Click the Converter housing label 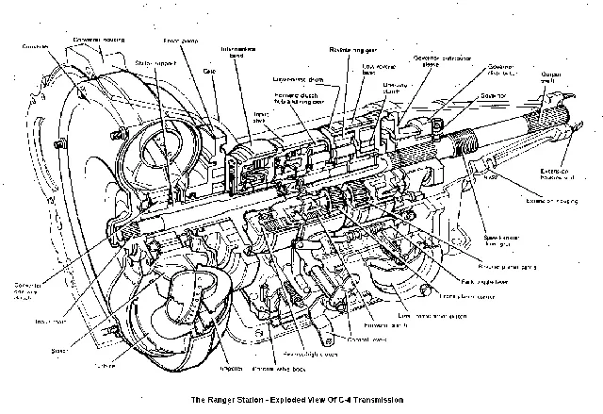pyautogui.click(x=101, y=39)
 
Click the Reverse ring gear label pyautogui.click(x=350, y=47)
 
